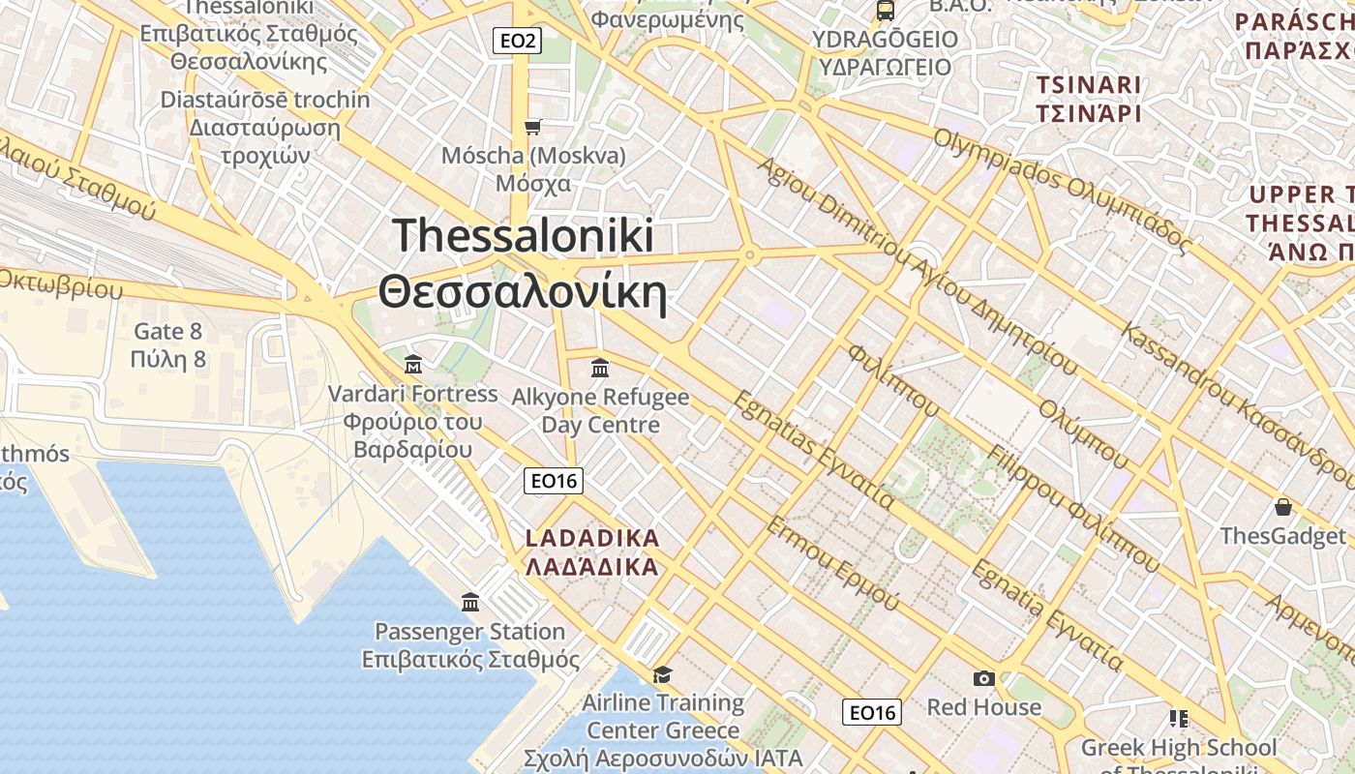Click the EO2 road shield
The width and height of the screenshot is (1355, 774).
pyautogui.click(x=517, y=41)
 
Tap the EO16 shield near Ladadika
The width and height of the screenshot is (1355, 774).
pyautogui.click(x=554, y=480)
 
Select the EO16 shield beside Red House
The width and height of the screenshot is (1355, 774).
pyautogui.click(x=872, y=713)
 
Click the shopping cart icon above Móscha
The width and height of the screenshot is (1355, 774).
pyautogui.click(x=532, y=127)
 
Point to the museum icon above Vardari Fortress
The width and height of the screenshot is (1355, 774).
pyautogui.click(x=413, y=365)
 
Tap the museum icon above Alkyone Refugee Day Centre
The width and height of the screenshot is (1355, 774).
pyautogui.click(x=599, y=368)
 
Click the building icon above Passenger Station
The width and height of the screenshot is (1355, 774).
pyautogui.click(x=470, y=602)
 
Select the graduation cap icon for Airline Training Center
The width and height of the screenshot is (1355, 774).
pyautogui.click(x=662, y=673)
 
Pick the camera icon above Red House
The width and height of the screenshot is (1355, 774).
pyautogui.click(x=984, y=678)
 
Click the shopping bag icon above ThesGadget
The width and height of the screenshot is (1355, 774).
pyautogui.click(x=1282, y=507)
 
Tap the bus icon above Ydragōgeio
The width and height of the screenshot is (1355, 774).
pyautogui.click(x=885, y=11)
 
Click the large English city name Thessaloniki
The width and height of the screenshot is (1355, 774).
pyautogui.click(x=523, y=236)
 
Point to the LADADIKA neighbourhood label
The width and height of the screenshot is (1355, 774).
pyautogui.click(x=591, y=538)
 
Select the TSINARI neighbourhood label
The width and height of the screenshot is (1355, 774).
pyautogui.click(x=1089, y=84)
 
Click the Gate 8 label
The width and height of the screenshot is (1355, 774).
pyautogui.click(x=168, y=331)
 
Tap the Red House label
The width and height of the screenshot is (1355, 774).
pyautogui.click(x=983, y=707)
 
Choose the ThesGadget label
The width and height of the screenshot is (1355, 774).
pyautogui.click(x=1282, y=536)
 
